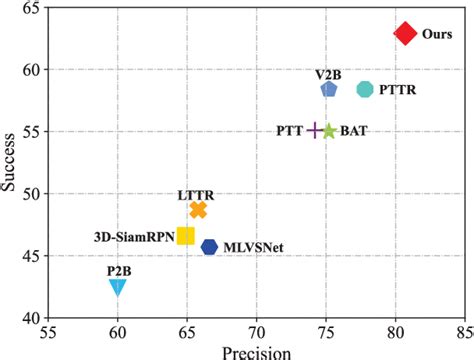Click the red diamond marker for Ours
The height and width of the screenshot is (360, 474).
pyautogui.click(x=405, y=34)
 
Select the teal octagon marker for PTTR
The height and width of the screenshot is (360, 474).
pyautogui.click(x=365, y=90)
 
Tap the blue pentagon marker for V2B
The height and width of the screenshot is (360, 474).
pyautogui.click(x=329, y=90)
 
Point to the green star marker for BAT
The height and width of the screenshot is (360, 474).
pyautogui.click(x=329, y=131)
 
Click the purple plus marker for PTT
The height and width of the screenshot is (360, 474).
pyautogui.click(x=315, y=131)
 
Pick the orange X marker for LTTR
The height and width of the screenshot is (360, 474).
pyautogui.click(x=198, y=209)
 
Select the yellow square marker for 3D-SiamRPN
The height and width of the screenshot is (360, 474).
pyautogui.click(x=186, y=236)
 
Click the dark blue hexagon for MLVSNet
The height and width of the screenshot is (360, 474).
pyautogui.click(x=209, y=247)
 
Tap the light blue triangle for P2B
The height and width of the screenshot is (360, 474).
pyautogui.click(x=118, y=288)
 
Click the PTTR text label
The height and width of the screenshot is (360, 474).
pyautogui.click(x=399, y=90)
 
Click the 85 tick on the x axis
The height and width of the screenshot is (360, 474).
pyautogui.click(x=463, y=333)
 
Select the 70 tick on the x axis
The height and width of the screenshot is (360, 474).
pyautogui.click(x=256, y=333)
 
